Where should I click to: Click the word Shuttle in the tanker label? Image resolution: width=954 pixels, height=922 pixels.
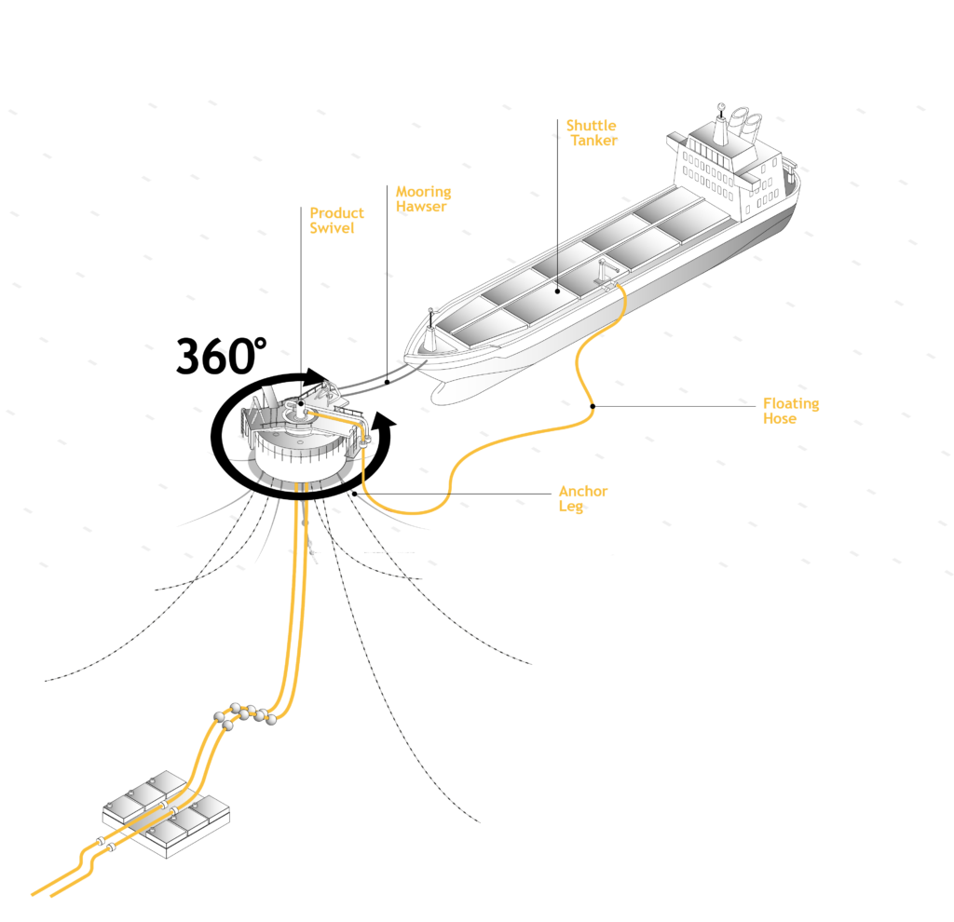click(x=591, y=126)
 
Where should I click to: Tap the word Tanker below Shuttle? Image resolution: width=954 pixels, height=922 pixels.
click(x=593, y=141)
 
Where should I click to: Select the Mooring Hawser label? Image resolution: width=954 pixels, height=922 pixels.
click(x=423, y=199)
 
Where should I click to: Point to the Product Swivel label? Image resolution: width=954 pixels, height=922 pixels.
click(x=336, y=220)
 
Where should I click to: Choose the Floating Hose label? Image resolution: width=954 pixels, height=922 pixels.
click(x=791, y=411)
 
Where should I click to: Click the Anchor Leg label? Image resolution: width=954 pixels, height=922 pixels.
click(x=583, y=498)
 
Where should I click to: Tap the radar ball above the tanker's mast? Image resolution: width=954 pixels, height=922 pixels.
click(x=721, y=107)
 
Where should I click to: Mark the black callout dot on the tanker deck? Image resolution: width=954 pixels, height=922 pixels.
click(x=557, y=291)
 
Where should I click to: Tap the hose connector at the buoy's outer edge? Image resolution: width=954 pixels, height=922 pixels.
click(x=365, y=440)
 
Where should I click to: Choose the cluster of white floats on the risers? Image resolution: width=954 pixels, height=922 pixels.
click(x=244, y=715)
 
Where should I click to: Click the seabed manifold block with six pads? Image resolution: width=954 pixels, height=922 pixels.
click(x=165, y=812)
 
